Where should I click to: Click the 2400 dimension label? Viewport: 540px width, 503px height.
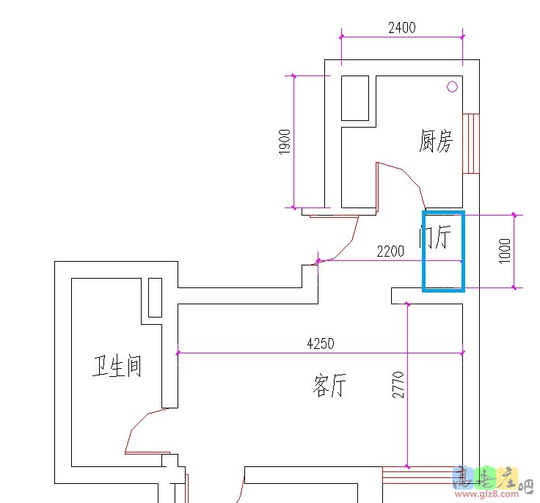pyautogui.click(x=401, y=28)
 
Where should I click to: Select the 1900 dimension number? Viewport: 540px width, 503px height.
pyautogui.click(x=285, y=141)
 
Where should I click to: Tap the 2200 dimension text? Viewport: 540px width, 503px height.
pyautogui.click(x=390, y=251)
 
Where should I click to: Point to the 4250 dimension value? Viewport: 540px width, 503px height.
pyautogui.click(x=320, y=343)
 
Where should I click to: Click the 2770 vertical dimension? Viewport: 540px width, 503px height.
pyautogui.click(x=398, y=384)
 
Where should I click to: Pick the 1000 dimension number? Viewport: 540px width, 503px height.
pyautogui.click(x=504, y=251)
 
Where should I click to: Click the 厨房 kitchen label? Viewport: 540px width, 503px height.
pyautogui.click(x=436, y=141)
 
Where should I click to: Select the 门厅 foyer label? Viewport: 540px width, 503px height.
pyautogui.click(x=433, y=237)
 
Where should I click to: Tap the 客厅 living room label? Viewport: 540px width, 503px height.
pyautogui.click(x=329, y=386)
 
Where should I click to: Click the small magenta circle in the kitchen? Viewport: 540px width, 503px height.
pyautogui.click(x=452, y=87)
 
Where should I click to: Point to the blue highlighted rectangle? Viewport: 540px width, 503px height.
pyautogui.click(x=444, y=251)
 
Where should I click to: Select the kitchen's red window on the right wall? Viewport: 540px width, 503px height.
pyautogui.click(x=470, y=143)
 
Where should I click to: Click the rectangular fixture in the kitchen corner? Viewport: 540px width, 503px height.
pyautogui.click(x=355, y=98)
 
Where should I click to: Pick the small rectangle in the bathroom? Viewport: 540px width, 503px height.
pyautogui.click(x=155, y=297)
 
